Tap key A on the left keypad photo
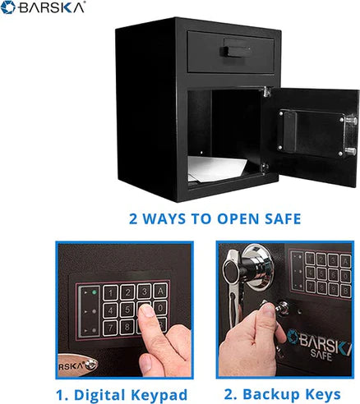(159, 292)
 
